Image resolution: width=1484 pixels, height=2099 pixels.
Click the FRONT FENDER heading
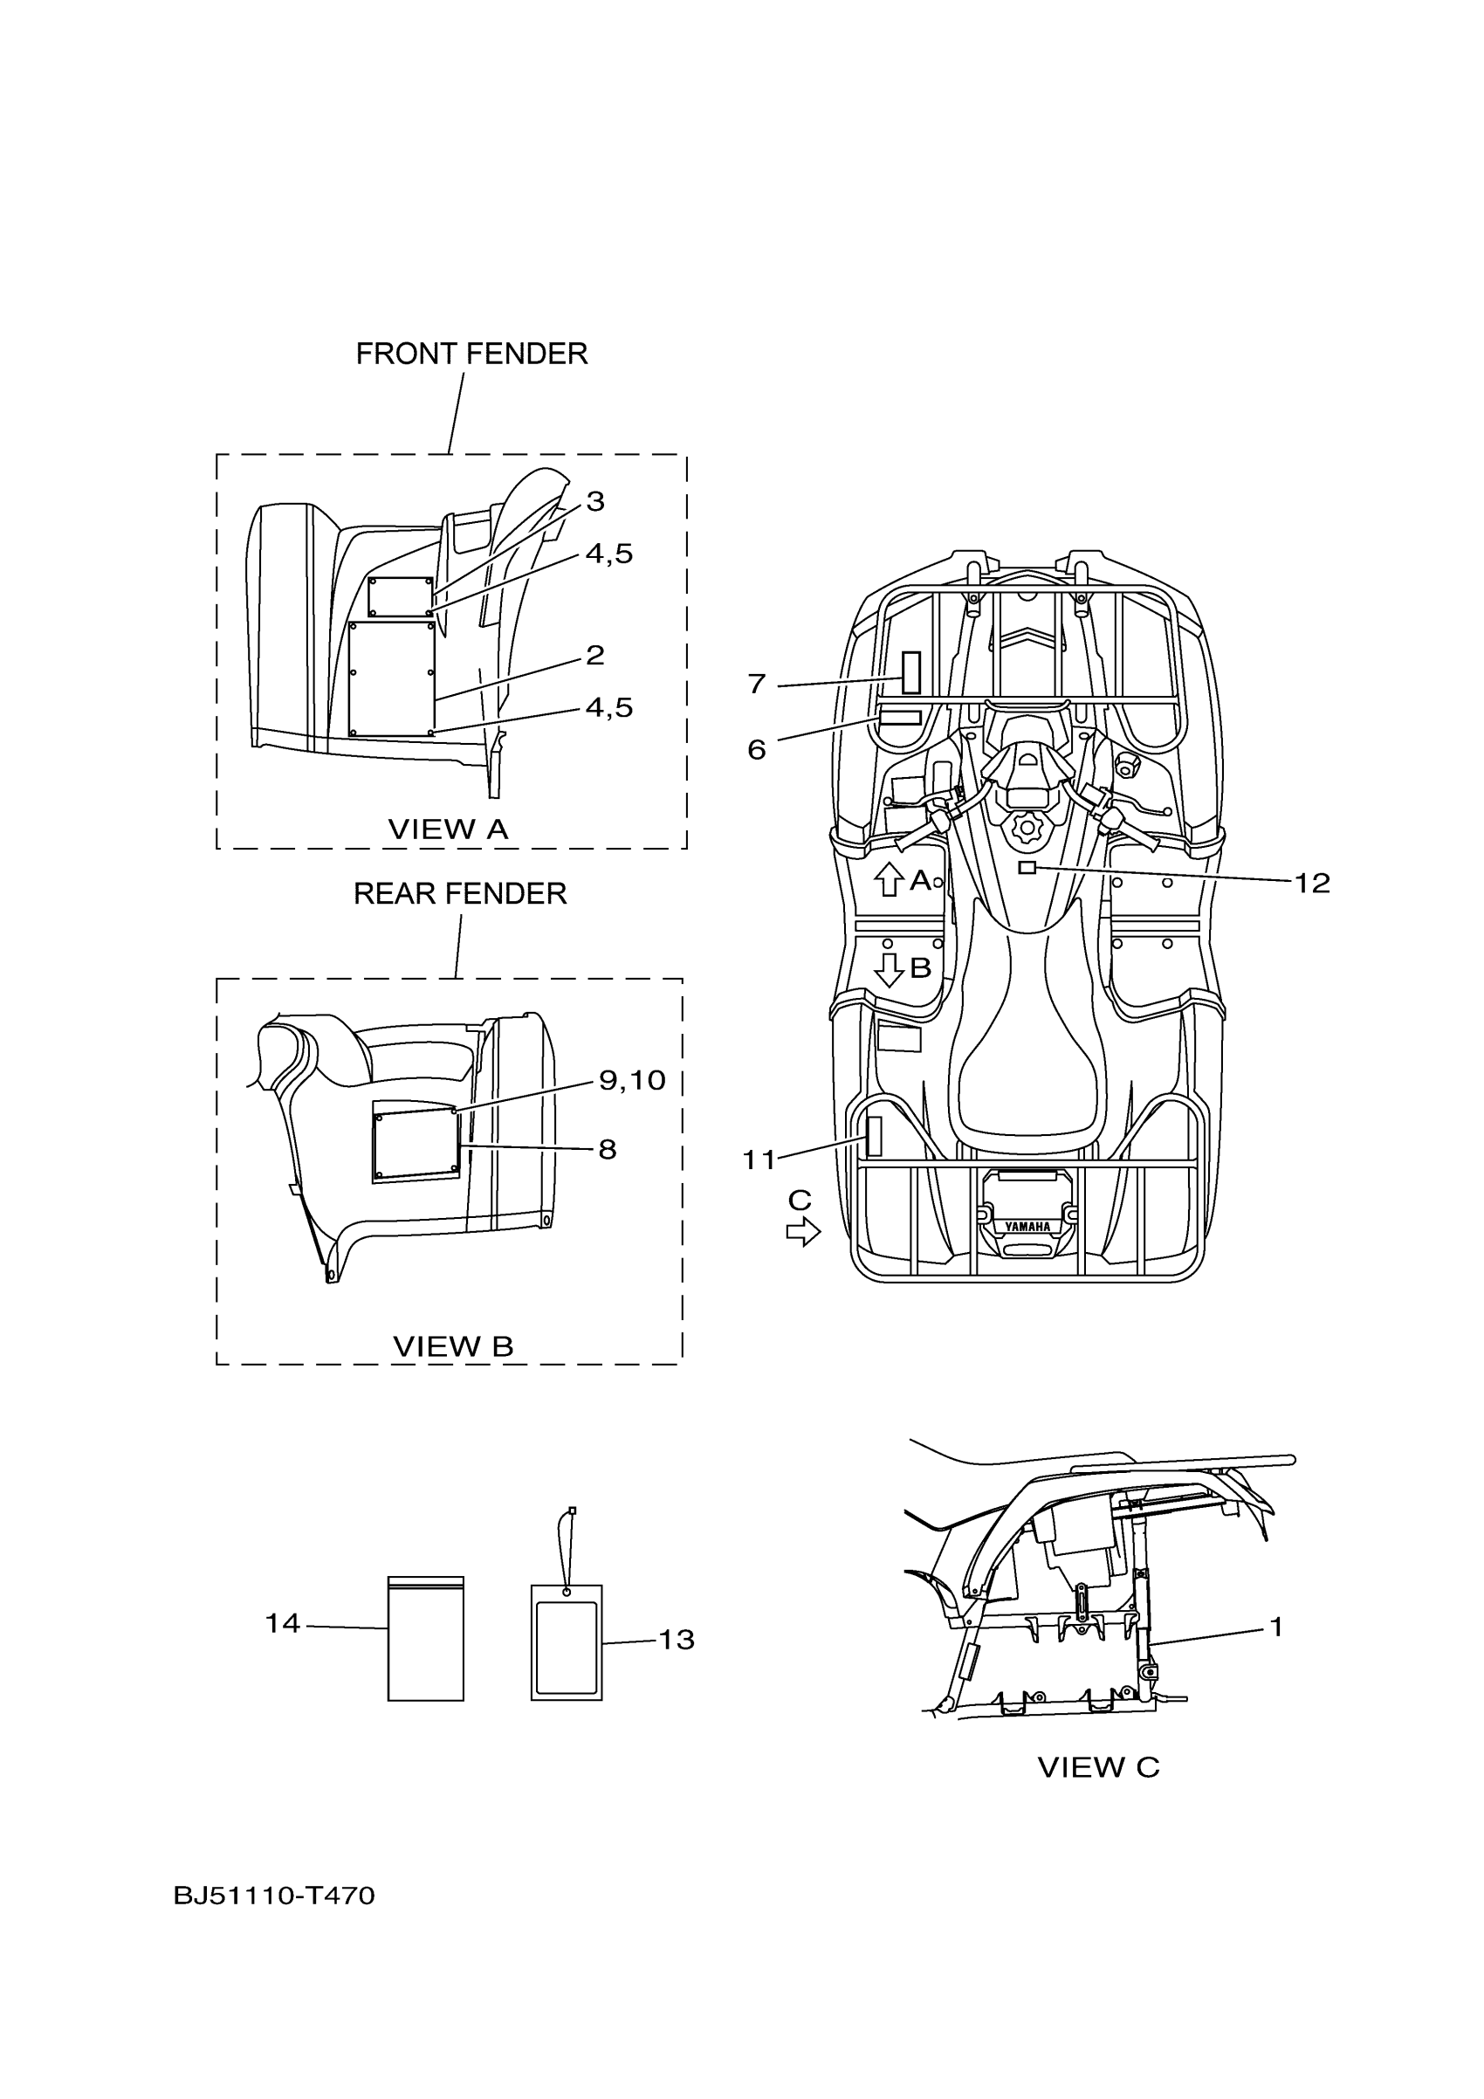tap(471, 354)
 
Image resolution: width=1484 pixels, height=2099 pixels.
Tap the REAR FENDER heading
tap(460, 893)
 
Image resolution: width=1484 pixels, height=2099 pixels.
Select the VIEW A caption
tap(448, 829)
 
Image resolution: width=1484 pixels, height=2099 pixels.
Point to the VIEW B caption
tap(452, 1345)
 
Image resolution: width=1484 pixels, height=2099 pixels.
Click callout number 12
tap(1312, 883)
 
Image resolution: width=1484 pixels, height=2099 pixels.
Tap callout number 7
tap(757, 684)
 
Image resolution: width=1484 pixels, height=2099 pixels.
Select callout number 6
tap(757, 750)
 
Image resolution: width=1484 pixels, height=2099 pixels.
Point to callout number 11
tap(759, 1160)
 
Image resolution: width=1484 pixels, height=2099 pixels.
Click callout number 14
tap(282, 1622)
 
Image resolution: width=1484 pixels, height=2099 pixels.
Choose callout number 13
tap(677, 1639)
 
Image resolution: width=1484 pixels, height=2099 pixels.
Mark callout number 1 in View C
tap(1276, 1627)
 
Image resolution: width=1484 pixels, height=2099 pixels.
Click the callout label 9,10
tap(631, 1081)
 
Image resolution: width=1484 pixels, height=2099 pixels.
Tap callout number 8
tap(608, 1149)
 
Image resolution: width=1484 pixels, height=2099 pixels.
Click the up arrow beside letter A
tap(888, 879)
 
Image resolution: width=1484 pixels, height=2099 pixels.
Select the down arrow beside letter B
tap(888, 969)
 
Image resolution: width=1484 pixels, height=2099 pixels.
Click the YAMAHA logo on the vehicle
tap(1028, 1227)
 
